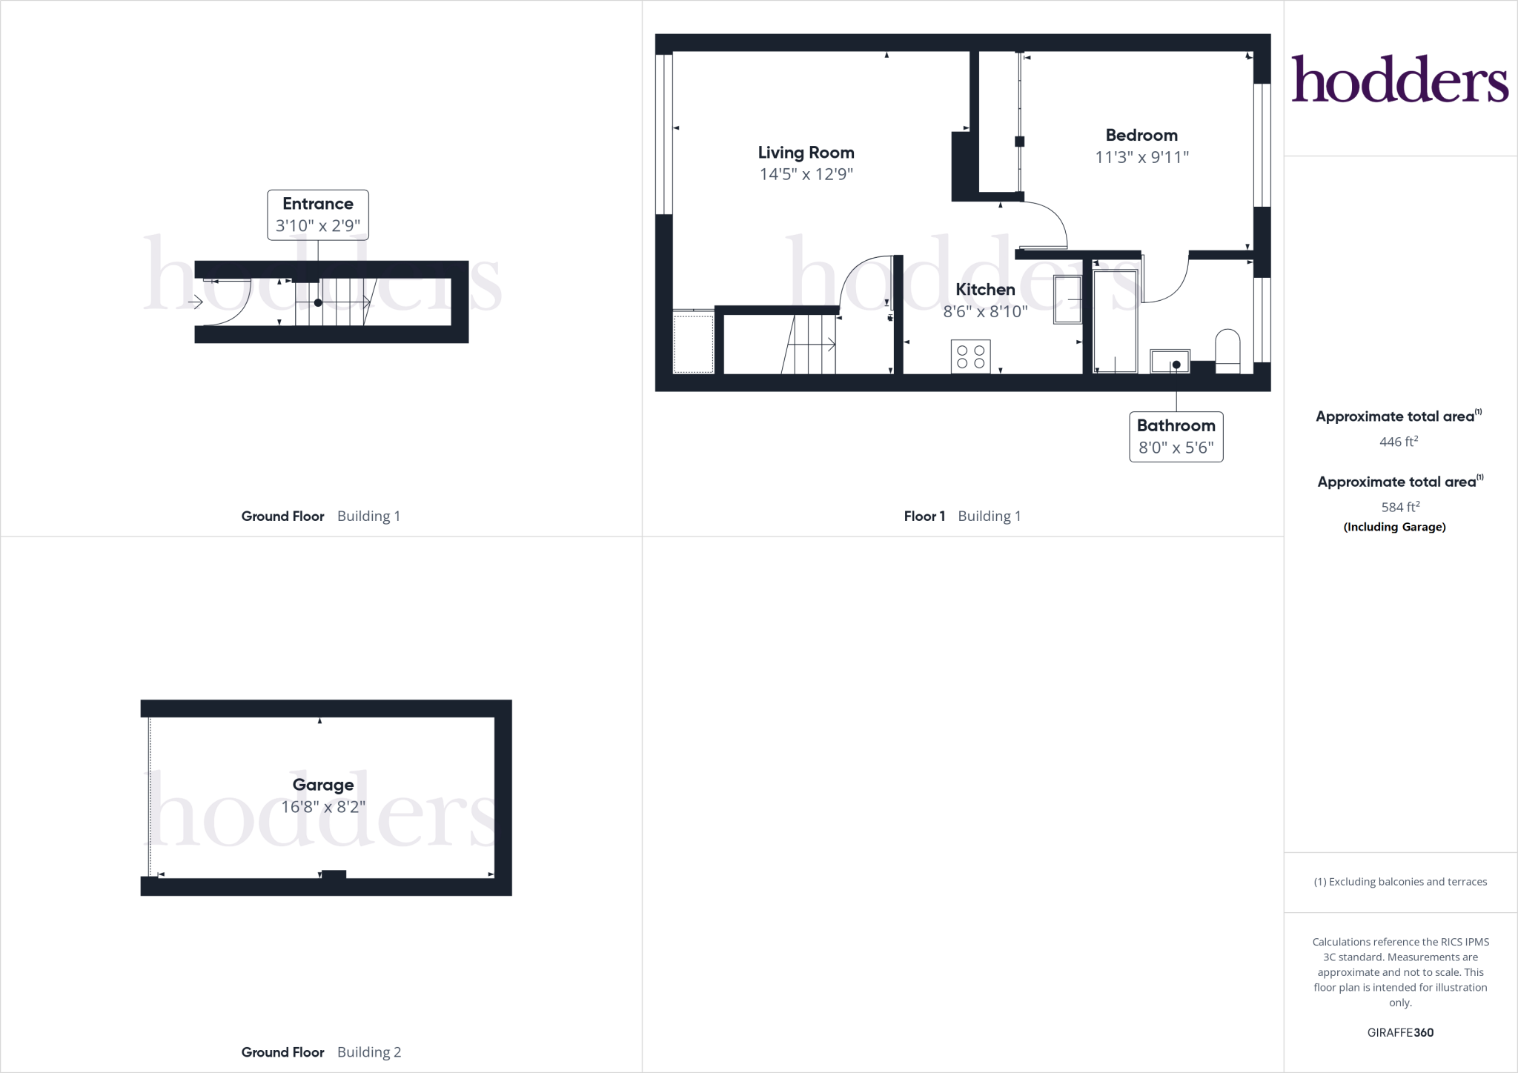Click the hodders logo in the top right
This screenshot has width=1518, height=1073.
click(1399, 79)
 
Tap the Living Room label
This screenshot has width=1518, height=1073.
click(806, 153)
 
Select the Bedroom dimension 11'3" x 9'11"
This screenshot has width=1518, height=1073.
click(1141, 157)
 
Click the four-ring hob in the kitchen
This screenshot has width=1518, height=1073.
click(970, 356)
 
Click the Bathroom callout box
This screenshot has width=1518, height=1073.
click(1176, 436)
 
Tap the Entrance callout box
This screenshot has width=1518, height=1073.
click(318, 215)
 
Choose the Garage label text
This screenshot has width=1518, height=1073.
click(323, 785)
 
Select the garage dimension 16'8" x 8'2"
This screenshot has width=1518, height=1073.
click(323, 807)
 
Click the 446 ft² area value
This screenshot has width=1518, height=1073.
click(1399, 442)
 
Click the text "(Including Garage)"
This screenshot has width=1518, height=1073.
click(1394, 527)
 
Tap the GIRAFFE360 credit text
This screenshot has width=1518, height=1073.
click(1400, 1032)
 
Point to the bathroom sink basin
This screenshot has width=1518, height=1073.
click(1170, 362)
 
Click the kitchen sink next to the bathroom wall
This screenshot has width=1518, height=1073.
click(1067, 299)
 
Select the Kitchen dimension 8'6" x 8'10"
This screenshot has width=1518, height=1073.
click(985, 312)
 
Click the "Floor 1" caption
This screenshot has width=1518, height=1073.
click(924, 516)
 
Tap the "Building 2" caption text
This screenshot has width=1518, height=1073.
click(368, 1052)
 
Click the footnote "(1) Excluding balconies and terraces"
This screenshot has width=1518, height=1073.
click(1400, 882)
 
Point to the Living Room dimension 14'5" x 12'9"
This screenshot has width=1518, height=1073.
click(806, 175)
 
